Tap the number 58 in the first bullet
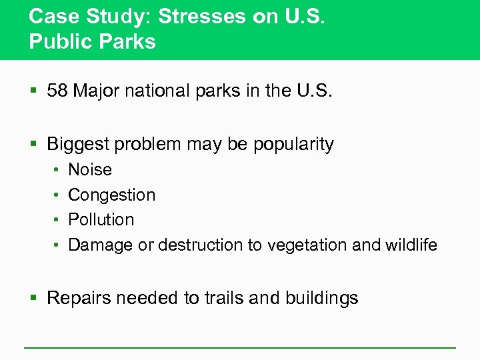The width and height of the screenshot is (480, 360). [x=58, y=91]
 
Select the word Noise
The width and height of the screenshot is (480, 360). [x=90, y=170]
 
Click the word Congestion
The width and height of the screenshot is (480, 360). [x=111, y=195]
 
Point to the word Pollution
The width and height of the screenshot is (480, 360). [x=101, y=220]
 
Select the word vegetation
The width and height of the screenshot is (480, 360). [x=307, y=245]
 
